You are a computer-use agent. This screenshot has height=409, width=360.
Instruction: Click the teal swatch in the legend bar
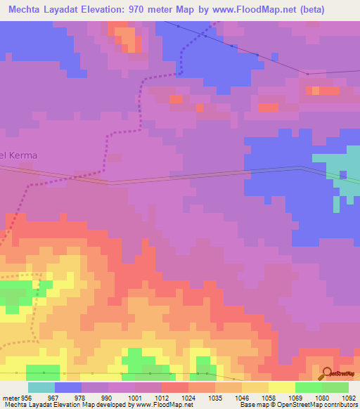41,387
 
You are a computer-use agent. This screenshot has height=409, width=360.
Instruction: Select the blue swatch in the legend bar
67,387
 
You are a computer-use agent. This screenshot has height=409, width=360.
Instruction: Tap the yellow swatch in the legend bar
281,387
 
